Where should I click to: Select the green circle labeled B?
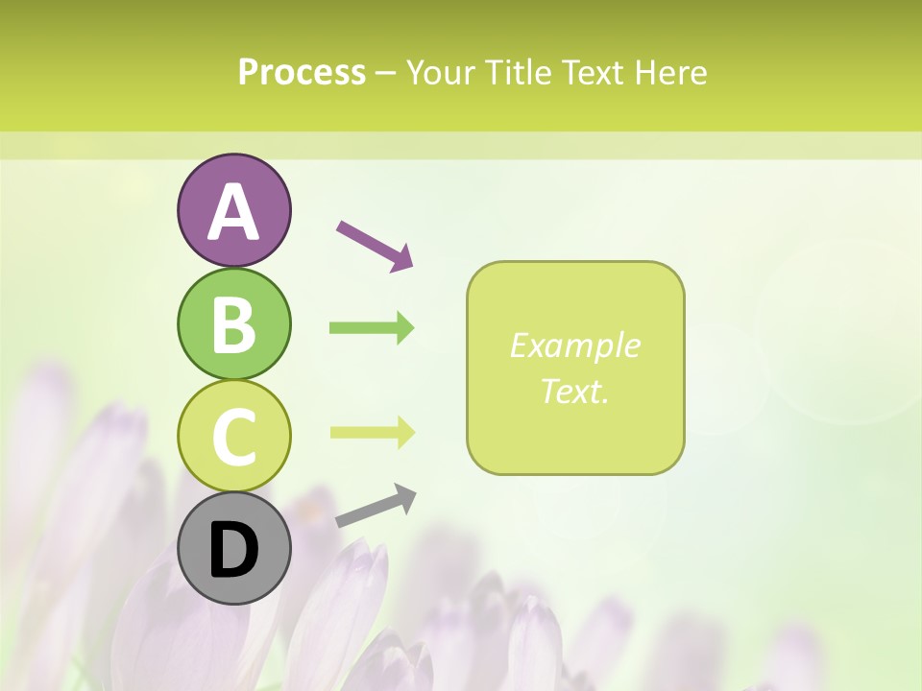coord(233,323)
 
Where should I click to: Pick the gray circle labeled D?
coord(233,549)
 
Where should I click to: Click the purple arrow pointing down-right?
coord(375,244)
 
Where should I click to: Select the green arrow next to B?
coord(372,328)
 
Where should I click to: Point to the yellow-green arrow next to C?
coord(372,432)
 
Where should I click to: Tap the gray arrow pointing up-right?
coord(376,506)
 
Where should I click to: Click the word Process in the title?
coord(302,72)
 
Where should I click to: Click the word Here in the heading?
coord(671,72)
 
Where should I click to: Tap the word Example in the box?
coord(575,345)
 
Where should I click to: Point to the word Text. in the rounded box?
coord(575,391)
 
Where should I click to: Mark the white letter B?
coord(233,324)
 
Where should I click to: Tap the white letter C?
coord(233,437)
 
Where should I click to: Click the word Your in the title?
coord(443,72)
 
